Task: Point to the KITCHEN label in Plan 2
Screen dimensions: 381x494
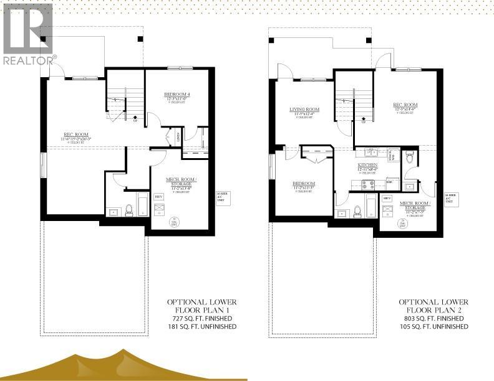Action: (368, 164)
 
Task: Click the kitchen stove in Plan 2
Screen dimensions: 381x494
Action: (369, 184)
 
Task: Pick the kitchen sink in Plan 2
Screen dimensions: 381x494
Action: (368, 151)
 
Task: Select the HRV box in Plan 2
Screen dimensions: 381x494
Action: (387, 199)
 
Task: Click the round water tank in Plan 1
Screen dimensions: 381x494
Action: (173, 221)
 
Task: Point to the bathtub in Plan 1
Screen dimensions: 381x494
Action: (142, 204)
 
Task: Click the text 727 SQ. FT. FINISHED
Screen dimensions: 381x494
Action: (201, 318)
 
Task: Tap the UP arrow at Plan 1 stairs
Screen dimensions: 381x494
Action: (136, 116)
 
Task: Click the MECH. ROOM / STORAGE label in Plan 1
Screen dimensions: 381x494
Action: (182, 181)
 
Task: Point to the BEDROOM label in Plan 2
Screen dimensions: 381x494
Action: (304, 184)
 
